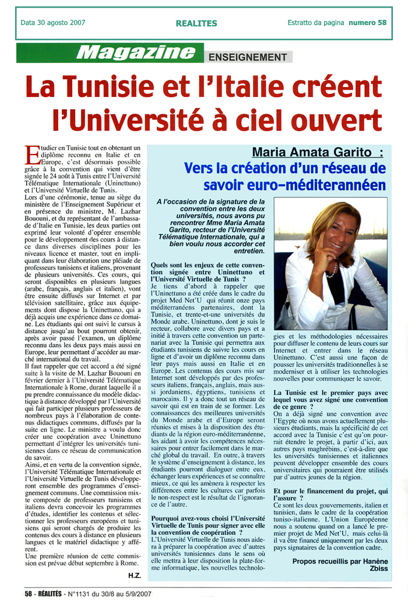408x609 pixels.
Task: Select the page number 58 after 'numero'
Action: point(382,23)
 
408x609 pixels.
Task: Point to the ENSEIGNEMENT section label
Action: point(248,57)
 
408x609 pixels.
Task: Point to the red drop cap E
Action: point(31,155)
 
